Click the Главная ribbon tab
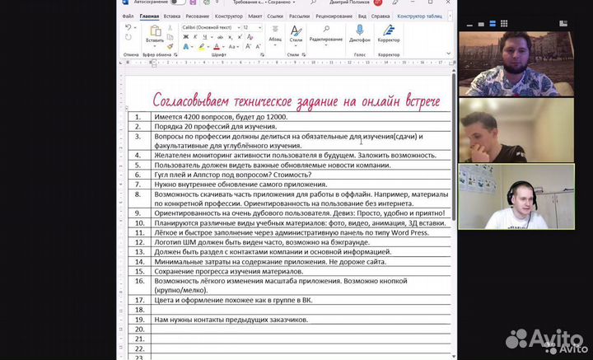pyautogui.click(x=150, y=16)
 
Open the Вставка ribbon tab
pyautogui.click(x=172, y=16)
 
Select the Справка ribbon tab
pyautogui.click(x=381, y=16)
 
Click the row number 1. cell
pyautogui.click(x=138, y=118)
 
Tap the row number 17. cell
pyautogui.click(x=138, y=300)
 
